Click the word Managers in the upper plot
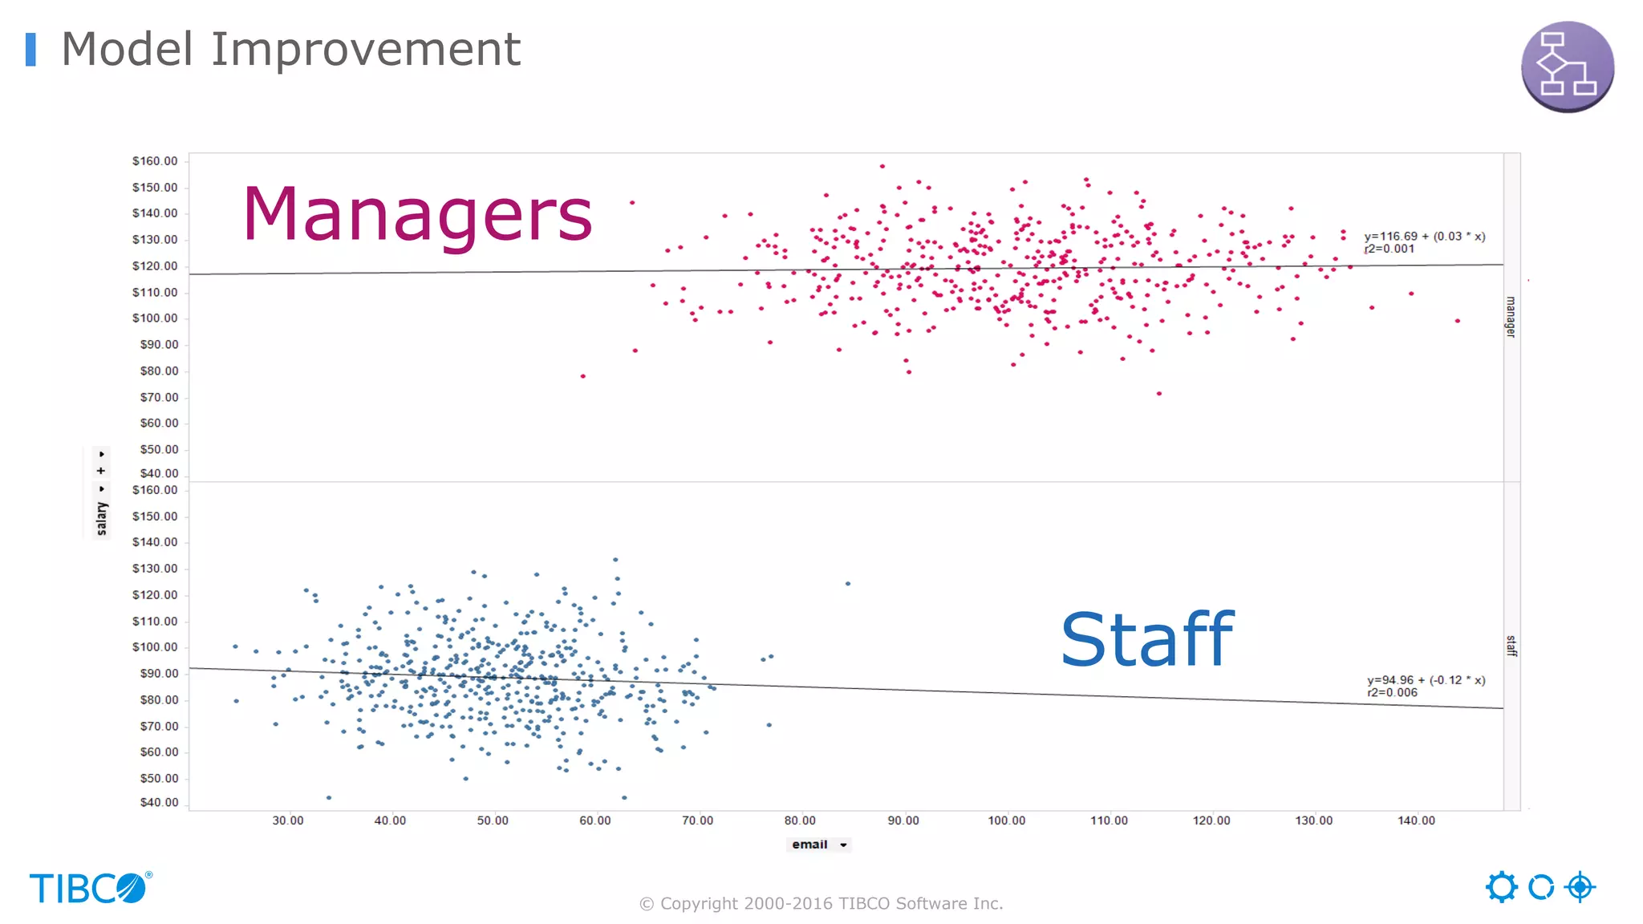click(x=417, y=213)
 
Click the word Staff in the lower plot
click(x=1146, y=639)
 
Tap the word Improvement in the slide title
click(x=366, y=49)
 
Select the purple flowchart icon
click(x=1567, y=67)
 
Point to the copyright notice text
click(x=821, y=904)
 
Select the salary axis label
click(x=102, y=517)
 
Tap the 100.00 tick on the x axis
click(x=1006, y=821)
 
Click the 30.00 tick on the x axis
click(x=287, y=821)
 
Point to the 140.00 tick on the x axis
click(x=1416, y=821)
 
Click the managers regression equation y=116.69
click(x=1424, y=237)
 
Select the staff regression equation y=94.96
click(x=1426, y=680)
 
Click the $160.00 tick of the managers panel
click(x=155, y=161)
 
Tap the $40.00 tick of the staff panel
click(x=159, y=802)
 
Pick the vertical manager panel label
click(x=1511, y=317)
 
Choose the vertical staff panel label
click(x=1511, y=646)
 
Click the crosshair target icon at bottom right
click(x=1580, y=887)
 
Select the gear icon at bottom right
click(x=1501, y=887)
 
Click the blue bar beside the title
click(x=30, y=49)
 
